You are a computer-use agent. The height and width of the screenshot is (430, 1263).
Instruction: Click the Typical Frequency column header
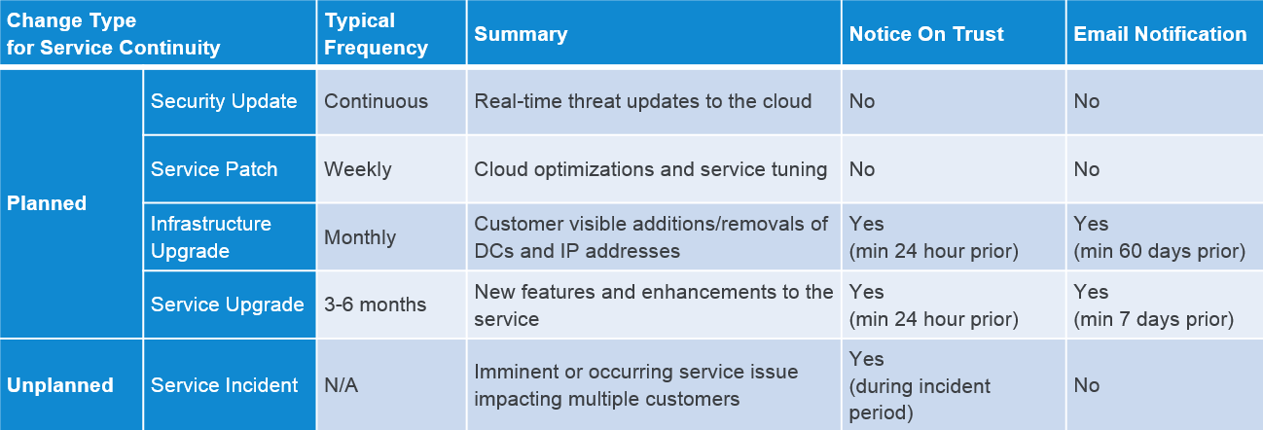pos(377,34)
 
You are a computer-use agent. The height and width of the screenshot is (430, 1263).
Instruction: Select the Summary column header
pos(521,34)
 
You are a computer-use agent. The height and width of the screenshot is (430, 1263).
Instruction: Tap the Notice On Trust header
pos(926,34)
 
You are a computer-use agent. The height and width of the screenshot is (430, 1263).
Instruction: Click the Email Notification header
pos(1160,34)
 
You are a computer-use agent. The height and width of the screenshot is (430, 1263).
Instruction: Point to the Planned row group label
pos(47,203)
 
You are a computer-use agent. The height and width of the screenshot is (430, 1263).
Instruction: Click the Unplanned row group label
pos(59,385)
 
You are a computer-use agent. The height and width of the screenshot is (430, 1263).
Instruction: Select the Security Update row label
pos(224,101)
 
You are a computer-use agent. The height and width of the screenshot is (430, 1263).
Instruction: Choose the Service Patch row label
pos(214,169)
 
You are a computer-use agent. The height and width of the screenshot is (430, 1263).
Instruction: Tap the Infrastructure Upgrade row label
pos(211,237)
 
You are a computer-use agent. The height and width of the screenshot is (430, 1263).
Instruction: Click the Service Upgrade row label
pos(228,305)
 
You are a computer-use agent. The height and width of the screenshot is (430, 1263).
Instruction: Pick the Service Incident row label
pos(224,385)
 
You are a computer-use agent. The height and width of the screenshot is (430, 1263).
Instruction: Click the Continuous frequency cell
pos(377,101)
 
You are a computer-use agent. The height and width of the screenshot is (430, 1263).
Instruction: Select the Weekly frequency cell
pos(358,169)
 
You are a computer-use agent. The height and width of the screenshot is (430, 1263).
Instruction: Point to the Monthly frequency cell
pos(360,237)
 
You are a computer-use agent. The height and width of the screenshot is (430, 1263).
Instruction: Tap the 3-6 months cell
pos(375,305)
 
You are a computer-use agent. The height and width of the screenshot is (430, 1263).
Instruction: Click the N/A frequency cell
pos(342,385)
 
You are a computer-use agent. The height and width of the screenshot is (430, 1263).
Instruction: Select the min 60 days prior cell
pos(1159,237)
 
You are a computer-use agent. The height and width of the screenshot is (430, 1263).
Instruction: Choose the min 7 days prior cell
pos(1154,305)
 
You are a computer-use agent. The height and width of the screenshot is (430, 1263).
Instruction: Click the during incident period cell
pos(920,386)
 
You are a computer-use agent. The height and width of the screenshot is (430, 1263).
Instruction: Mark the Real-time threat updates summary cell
pos(643,101)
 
